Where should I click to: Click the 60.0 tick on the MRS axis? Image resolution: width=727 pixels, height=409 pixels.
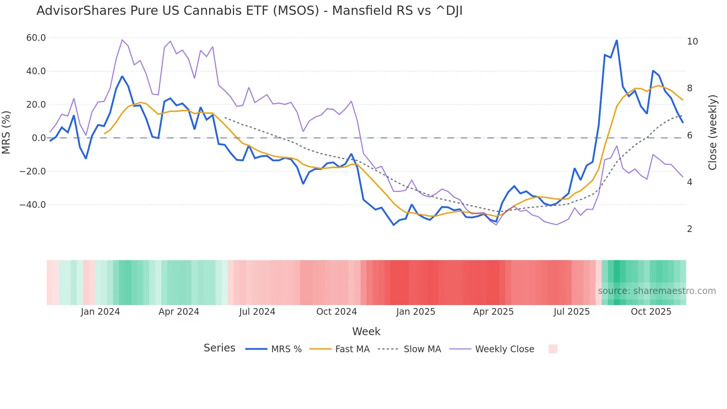click(36, 38)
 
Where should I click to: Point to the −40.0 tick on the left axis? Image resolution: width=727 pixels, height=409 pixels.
click(33, 205)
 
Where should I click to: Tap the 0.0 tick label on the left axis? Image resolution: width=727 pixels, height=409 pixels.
click(39, 138)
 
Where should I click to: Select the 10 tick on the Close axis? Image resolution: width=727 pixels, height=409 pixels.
click(692, 42)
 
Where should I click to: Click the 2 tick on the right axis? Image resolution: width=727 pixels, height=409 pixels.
click(690, 229)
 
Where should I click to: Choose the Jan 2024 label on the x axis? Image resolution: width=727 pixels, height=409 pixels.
click(100, 312)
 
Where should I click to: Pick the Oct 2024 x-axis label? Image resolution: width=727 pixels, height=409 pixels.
click(336, 312)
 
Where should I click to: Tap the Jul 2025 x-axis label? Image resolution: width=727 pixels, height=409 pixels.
click(572, 312)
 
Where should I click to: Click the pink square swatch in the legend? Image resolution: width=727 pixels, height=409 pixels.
click(553, 349)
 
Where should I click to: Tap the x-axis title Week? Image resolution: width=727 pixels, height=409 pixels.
click(366, 331)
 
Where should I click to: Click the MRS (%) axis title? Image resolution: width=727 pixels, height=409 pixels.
click(6, 132)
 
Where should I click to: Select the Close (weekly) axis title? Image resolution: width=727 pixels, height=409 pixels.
click(713, 132)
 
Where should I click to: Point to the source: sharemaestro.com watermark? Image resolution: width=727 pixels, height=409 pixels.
click(657, 291)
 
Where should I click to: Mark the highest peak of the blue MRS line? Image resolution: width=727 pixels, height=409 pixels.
click(616, 40)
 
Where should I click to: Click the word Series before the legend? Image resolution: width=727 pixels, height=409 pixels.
click(219, 348)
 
